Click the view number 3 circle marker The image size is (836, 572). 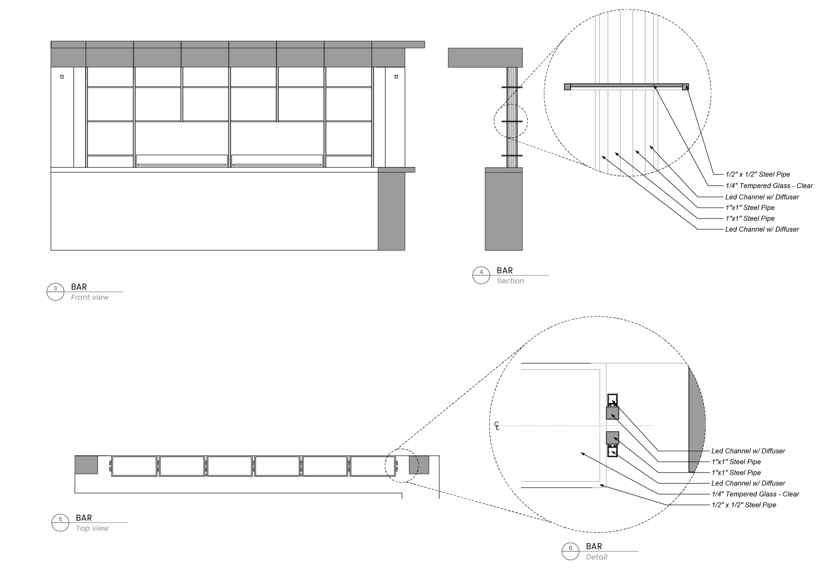(56, 292)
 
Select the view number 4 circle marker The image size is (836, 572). (481, 275)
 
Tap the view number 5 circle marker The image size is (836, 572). (60, 523)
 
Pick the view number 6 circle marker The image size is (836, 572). (571, 551)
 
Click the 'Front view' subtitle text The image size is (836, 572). (90, 297)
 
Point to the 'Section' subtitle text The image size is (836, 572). (510, 281)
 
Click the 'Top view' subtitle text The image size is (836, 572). (92, 528)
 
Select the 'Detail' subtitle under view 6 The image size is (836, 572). (596, 557)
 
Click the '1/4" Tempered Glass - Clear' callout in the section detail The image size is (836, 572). (769, 186)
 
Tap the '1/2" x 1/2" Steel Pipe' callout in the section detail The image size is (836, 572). (758, 175)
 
